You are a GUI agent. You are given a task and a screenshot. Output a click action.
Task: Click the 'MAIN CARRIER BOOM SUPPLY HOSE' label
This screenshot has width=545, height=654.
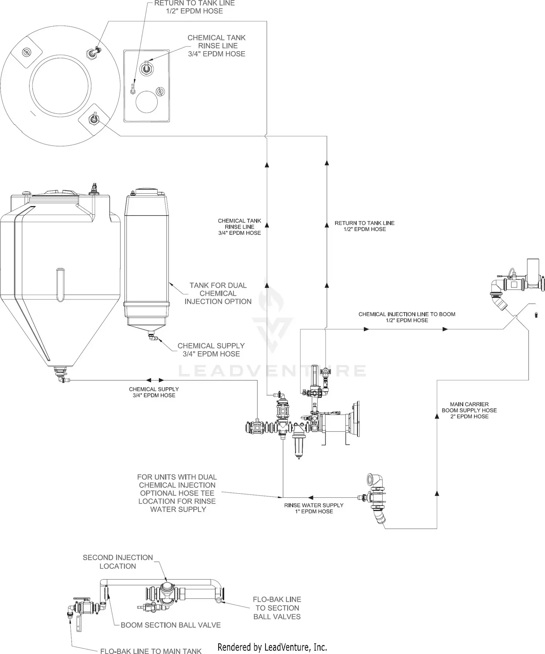pyautogui.click(x=469, y=410)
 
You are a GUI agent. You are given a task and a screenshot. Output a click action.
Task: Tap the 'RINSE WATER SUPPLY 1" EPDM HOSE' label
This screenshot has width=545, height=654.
pyautogui.click(x=314, y=508)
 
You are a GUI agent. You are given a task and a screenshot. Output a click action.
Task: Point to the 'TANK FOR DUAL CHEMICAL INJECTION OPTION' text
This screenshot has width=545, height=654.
pyautogui.click(x=218, y=293)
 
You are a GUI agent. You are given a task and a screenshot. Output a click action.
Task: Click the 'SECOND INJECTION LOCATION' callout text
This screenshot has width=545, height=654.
pyautogui.click(x=118, y=562)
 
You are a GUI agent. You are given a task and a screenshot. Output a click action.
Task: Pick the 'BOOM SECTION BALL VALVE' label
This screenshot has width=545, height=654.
pyautogui.click(x=170, y=625)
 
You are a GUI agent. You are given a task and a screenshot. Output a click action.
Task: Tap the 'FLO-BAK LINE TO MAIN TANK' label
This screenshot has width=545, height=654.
pyautogui.click(x=151, y=651)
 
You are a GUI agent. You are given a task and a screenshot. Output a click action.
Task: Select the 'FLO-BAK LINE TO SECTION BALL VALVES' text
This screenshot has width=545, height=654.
pyautogui.click(x=277, y=608)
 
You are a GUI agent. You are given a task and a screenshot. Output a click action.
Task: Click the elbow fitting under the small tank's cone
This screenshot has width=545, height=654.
pyautogui.click(x=152, y=337)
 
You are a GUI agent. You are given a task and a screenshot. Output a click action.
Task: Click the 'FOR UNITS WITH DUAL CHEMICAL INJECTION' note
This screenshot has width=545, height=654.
pyautogui.click(x=177, y=493)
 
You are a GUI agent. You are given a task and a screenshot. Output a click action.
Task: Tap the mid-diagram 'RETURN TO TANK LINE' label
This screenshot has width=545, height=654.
pyautogui.click(x=364, y=226)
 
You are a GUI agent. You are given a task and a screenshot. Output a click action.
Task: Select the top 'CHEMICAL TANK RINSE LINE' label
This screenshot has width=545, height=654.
pyautogui.click(x=216, y=46)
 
